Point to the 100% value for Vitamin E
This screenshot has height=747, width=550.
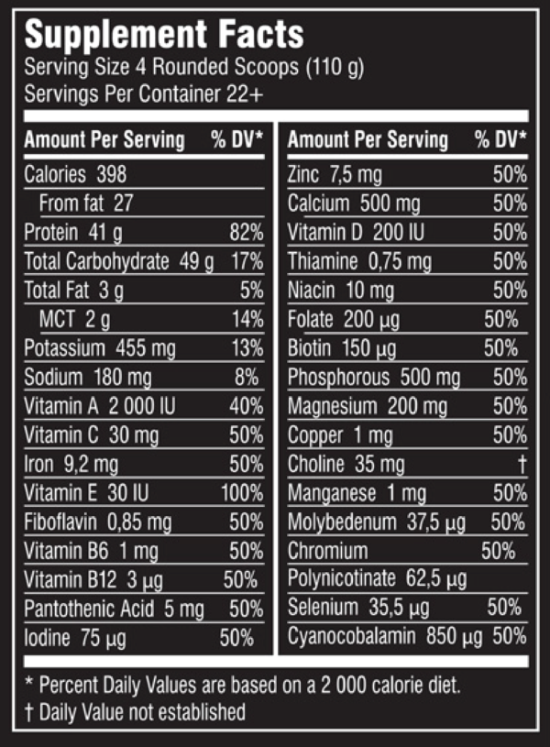(242, 493)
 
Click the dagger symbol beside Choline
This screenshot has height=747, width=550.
(522, 465)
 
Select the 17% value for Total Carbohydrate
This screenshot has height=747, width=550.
(247, 261)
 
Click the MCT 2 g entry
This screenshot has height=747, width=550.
(74, 319)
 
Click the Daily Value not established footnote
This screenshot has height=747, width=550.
(136, 711)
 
